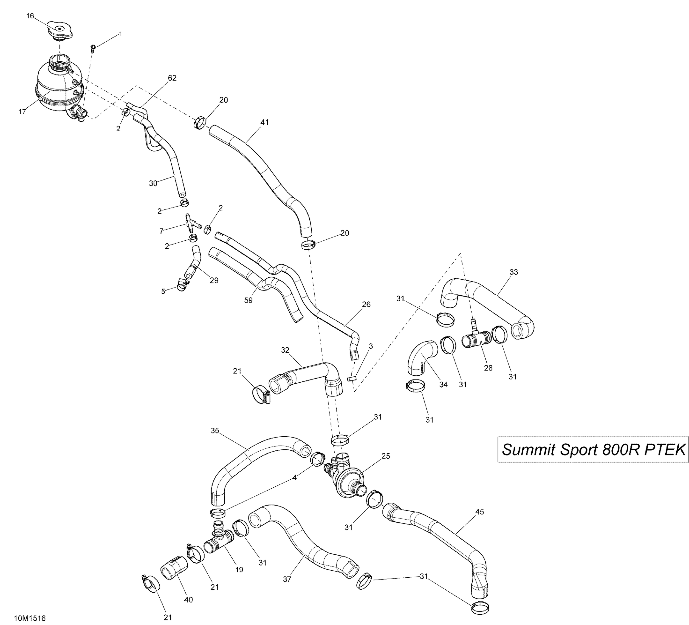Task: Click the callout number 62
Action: [x=172, y=78]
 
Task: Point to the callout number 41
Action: [x=265, y=122]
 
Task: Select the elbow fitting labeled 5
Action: [x=182, y=284]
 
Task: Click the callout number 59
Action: [x=248, y=300]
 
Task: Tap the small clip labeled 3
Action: [x=352, y=379]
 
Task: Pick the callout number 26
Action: [x=366, y=304]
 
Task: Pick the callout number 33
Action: [x=514, y=272]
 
